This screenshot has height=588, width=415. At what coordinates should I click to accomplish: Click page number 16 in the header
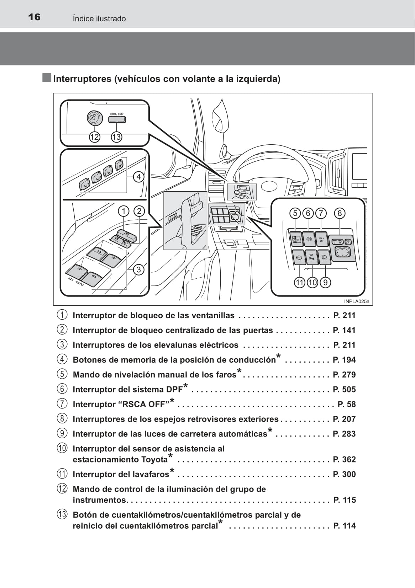[34, 17]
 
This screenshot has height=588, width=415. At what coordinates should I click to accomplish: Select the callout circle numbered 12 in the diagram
[94, 137]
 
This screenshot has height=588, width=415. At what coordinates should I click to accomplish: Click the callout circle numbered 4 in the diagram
[138, 177]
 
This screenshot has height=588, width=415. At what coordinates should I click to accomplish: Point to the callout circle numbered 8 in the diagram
[340, 213]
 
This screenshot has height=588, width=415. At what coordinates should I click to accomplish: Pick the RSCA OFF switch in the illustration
[321, 240]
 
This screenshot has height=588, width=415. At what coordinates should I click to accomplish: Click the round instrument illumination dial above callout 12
[95, 118]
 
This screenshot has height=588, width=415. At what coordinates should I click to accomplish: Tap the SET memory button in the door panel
[119, 165]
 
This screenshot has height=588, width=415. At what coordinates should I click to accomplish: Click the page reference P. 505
[344, 390]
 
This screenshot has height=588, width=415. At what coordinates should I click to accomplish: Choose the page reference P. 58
[346, 404]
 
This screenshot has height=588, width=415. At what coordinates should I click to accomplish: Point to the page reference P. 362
[344, 460]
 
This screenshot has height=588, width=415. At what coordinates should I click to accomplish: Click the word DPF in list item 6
[174, 390]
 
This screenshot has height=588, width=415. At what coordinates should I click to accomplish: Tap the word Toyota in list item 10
[154, 460]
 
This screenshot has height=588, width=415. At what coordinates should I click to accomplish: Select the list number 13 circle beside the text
[62, 514]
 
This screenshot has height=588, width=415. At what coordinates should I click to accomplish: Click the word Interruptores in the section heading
[82, 79]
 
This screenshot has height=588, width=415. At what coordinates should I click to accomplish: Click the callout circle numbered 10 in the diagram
[312, 283]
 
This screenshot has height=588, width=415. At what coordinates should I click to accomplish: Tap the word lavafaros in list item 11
[149, 475]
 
